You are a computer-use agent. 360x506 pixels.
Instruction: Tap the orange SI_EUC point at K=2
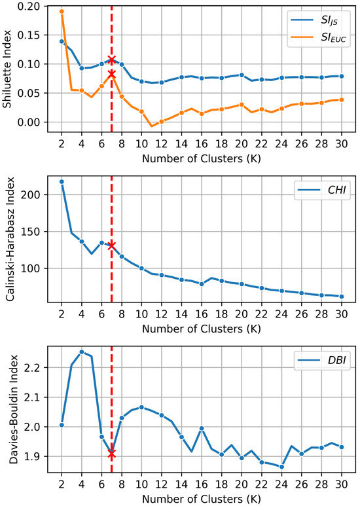(62, 11)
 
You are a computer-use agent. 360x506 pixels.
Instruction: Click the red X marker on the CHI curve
(112, 245)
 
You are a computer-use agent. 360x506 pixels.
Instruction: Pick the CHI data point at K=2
(62, 181)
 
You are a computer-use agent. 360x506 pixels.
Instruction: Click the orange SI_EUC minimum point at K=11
(152, 126)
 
